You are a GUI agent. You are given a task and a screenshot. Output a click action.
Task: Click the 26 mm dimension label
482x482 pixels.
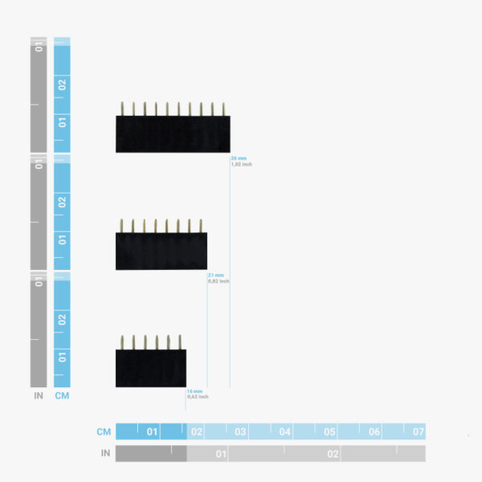239,158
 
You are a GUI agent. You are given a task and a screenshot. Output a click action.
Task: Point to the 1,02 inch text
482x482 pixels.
242,164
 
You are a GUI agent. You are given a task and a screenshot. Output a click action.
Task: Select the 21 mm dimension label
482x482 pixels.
216,276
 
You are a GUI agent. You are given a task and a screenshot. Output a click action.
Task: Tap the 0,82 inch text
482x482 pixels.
219,281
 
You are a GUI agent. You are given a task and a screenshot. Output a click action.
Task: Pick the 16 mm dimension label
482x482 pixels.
194,391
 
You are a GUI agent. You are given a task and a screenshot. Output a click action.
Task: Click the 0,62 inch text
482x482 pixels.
198,397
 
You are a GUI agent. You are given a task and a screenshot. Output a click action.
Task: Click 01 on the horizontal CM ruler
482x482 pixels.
152,431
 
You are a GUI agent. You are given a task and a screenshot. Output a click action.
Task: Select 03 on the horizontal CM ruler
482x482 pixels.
240,431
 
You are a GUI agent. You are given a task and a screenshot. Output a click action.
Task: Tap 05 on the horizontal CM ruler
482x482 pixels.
329,431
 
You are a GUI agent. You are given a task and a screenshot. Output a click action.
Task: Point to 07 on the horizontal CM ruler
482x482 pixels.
418,431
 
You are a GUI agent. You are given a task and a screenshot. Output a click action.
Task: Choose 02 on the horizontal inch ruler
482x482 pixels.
333,454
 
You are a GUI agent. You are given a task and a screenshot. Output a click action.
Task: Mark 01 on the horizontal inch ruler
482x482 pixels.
220,454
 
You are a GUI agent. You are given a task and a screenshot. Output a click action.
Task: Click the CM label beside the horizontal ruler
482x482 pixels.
104,431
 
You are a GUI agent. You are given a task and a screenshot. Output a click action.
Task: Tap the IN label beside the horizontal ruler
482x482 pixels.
105,454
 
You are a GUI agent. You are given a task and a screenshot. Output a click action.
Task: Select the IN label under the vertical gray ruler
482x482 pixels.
39,395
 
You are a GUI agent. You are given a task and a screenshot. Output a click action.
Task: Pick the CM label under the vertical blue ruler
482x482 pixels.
62,395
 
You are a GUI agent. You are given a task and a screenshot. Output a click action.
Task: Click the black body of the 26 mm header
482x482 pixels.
173,134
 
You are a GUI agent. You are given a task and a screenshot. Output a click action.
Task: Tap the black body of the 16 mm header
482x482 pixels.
150,368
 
